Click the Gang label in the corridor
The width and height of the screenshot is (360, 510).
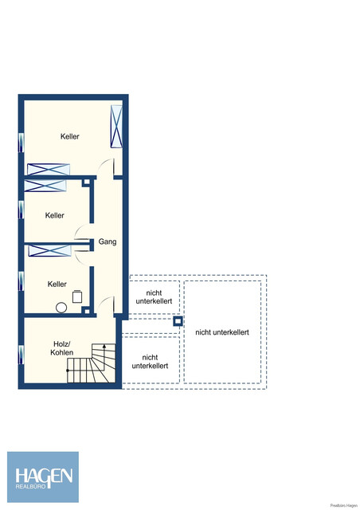click(x=108, y=242)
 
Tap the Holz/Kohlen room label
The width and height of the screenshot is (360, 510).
click(x=61, y=347)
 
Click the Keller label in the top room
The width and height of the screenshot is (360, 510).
click(x=69, y=137)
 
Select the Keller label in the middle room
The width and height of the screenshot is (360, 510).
click(x=55, y=216)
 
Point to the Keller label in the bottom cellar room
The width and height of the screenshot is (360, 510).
click(x=57, y=284)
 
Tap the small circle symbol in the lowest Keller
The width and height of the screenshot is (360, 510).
click(x=60, y=308)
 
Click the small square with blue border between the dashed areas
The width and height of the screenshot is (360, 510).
click(x=178, y=323)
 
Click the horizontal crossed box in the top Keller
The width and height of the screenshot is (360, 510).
click(x=49, y=169)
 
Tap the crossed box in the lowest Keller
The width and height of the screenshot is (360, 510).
click(x=50, y=251)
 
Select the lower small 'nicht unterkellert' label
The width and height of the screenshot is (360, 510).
click(x=150, y=361)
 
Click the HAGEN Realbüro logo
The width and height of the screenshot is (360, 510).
click(x=43, y=477)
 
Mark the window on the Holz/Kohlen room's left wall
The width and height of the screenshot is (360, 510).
click(x=21, y=352)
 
